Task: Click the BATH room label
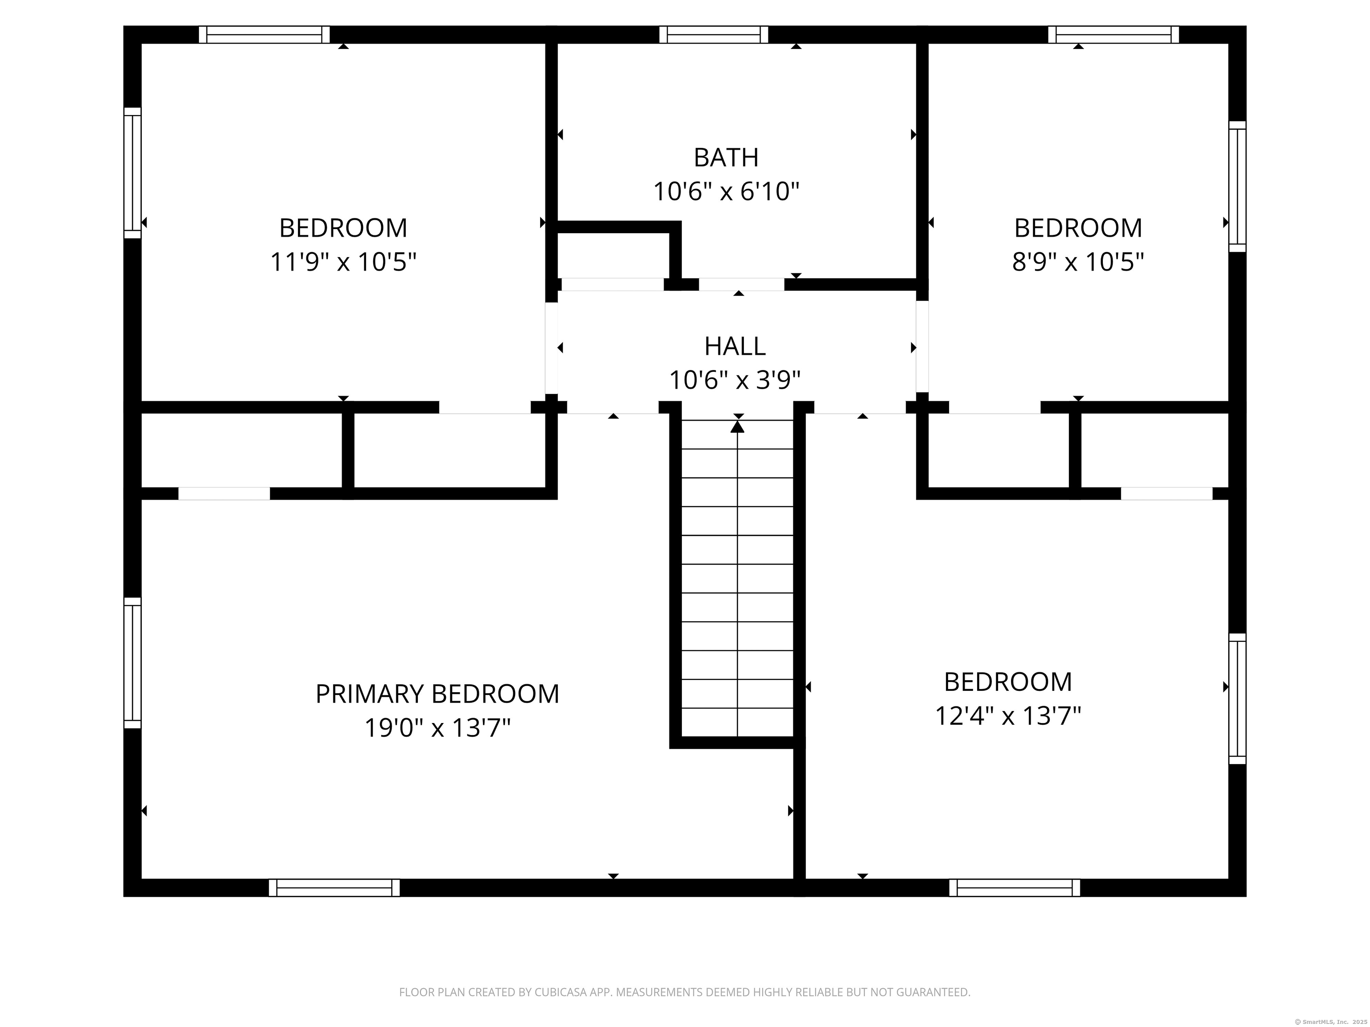tap(726, 158)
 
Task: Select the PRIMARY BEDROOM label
tap(437, 694)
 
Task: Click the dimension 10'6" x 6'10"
tap(726, 191)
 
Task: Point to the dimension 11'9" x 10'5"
tap(343, 262)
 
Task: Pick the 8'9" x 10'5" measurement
tap(1077, 262)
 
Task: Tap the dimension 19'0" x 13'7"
tap(437, 728)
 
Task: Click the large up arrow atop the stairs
tap(737, 427)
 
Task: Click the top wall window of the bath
tap(714, 35)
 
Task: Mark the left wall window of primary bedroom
tap(132, 663)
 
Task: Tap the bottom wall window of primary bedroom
tap(334, 888)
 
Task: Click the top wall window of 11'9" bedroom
tap(264, 35)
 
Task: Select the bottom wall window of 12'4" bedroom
tap(1015, 888)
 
